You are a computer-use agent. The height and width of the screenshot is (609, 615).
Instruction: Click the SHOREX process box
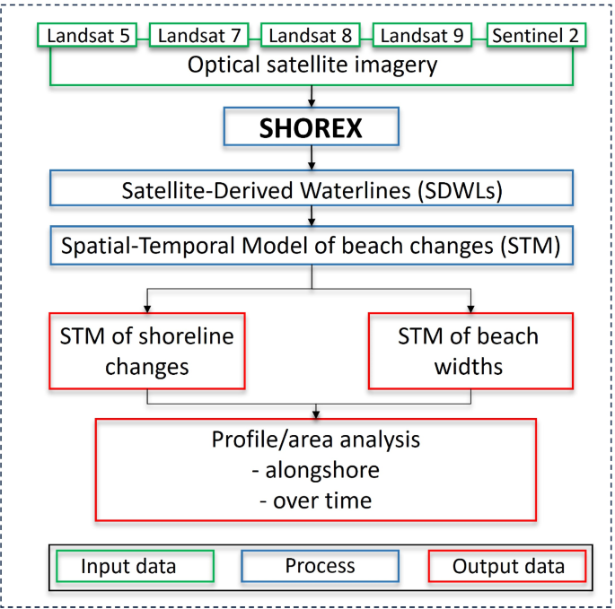311,128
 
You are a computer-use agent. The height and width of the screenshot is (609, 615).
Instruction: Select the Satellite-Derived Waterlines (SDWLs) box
311,189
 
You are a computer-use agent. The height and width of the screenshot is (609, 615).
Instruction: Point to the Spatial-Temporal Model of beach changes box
311,245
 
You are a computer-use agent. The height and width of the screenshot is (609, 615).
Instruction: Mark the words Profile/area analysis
315,440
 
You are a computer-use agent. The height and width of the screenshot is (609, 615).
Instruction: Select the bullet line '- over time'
315,499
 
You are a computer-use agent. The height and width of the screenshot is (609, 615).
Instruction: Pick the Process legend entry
320,566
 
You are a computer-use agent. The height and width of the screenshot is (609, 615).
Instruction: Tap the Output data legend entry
507,566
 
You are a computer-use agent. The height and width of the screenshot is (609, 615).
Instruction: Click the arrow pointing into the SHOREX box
311,97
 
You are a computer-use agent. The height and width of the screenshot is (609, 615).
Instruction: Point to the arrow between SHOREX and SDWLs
311,160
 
